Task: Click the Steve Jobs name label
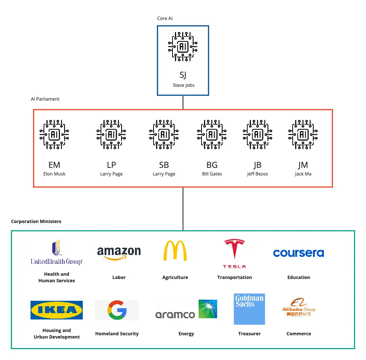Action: [183, 85]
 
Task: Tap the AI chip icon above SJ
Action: [183, 46]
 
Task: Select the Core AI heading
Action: [164, 19]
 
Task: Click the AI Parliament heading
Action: [45, 99]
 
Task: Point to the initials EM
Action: [54, 165]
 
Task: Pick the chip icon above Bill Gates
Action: [212, 134]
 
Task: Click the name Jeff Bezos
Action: [257, 174]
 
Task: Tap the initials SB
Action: [164, 165]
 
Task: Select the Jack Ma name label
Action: [303, 174]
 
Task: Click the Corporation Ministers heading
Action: [36, 221]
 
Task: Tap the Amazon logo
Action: [119, 253]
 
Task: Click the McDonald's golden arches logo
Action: [175, 251]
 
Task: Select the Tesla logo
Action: [234, 254]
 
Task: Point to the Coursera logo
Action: [298, 253]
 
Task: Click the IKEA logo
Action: [57, 310]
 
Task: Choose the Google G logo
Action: [117, 310]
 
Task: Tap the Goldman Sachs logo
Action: [249, 309]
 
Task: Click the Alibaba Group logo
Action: [298, 307]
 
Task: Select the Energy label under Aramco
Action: [186, 334]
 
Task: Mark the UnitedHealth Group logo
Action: [56, 252]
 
